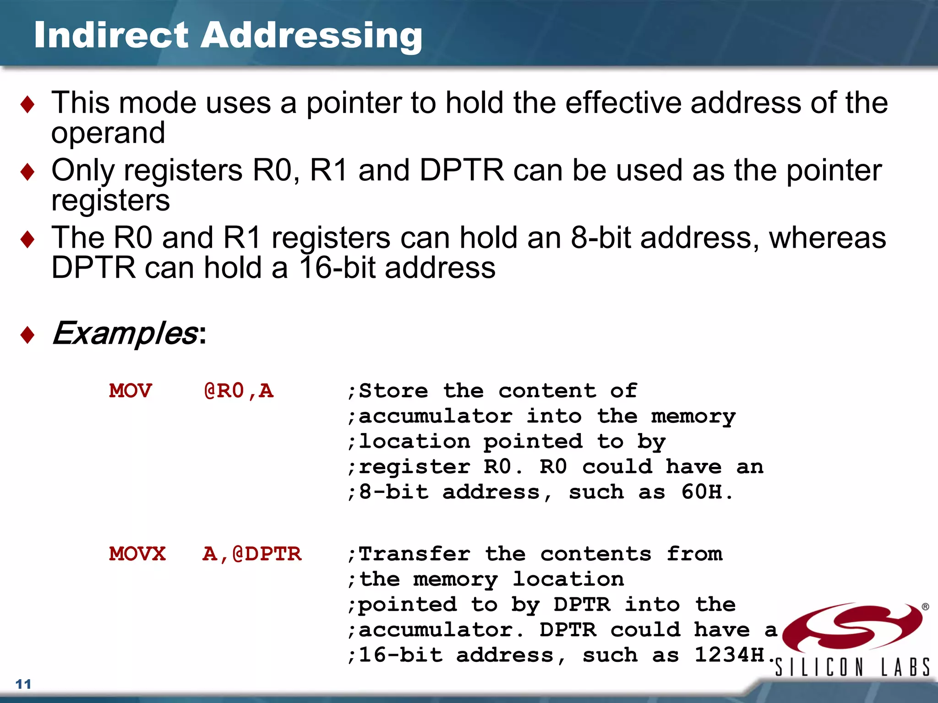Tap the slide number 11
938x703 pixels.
23,684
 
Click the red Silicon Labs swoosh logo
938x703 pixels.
852,627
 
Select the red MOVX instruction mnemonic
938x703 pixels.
137,554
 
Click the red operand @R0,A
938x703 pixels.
239,391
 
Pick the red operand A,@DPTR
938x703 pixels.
252,554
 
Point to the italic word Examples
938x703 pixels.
125,333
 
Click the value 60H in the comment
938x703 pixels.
702,492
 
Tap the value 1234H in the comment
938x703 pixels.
730,655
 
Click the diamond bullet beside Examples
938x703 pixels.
27,335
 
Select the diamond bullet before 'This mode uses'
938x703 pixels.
27,104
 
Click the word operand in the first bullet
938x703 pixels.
108,133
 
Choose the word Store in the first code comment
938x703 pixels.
393,391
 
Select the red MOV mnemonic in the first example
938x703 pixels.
131,391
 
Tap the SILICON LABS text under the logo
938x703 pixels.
852,667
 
